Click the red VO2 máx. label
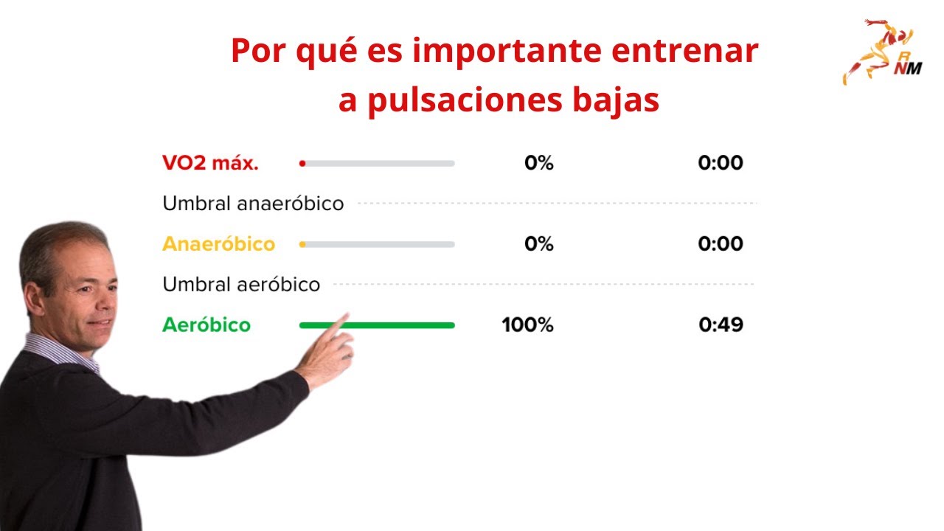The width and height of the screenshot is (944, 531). [x=210, y=163]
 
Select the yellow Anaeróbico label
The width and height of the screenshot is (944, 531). [x=218, y=244]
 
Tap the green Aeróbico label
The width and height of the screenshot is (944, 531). [x=206, y=325]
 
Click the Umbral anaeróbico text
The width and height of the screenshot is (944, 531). [x=253, y=204]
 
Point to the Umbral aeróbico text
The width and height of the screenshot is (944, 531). [x=241, y=285]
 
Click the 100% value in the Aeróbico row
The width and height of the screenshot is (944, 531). [x=527, y=325]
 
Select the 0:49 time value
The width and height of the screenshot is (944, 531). [x=721, y=325]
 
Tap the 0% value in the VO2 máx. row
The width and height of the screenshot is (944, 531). [x=539, y=163]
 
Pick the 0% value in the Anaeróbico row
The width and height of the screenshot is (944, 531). [x=539, y=244]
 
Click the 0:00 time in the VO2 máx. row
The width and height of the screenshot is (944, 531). [x=721, y=163]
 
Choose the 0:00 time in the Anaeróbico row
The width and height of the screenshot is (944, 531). [x=721, y=244]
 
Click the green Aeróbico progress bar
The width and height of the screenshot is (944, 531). [x=398, y=325]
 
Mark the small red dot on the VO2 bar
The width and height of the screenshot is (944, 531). [x=302, y=164]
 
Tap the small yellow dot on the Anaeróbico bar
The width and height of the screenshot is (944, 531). [x=302, y=244]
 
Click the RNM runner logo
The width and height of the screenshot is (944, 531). [x=878, y=52]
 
